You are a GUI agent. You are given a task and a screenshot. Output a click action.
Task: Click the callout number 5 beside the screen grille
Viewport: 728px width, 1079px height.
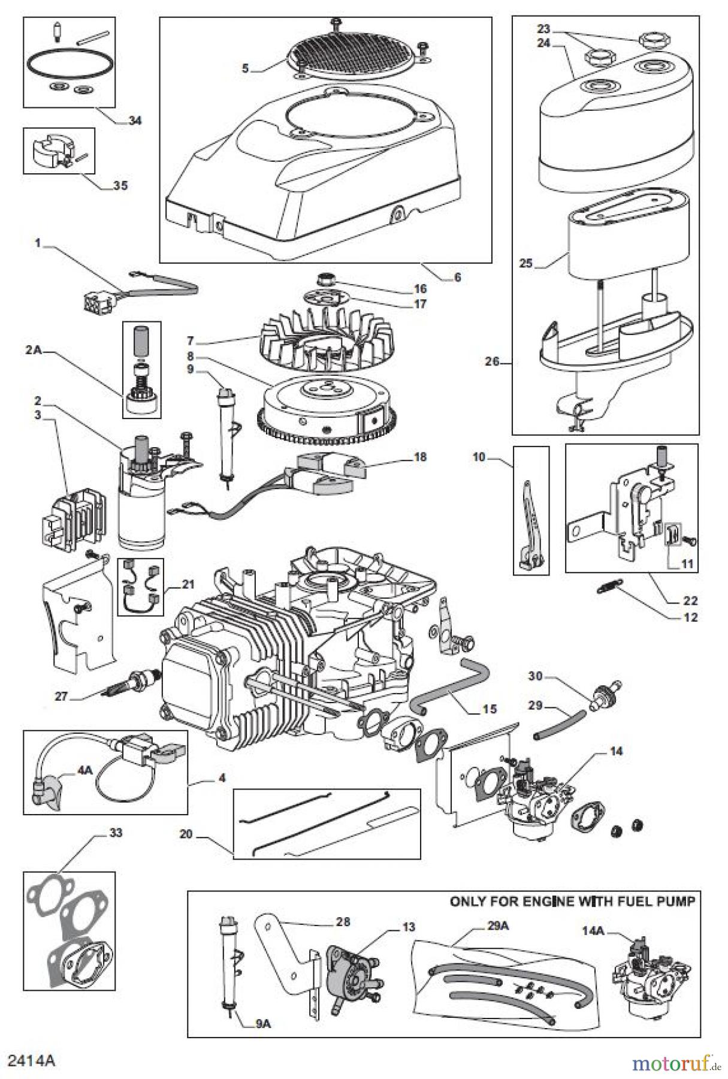click(x=245, y=68)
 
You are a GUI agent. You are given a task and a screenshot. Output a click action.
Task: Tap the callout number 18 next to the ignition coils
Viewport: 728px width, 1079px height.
click(x=420, y=457)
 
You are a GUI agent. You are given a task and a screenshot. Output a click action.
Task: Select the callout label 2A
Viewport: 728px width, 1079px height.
click(x=34, y=351)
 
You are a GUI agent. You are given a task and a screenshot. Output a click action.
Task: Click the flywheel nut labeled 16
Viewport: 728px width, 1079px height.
click(x=327, y=278)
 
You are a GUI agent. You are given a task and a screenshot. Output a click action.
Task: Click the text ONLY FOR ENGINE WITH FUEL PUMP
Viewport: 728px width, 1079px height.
click(x=573, y=902)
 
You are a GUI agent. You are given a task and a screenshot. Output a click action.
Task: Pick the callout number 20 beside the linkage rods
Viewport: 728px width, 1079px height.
click(x=186, y=834)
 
